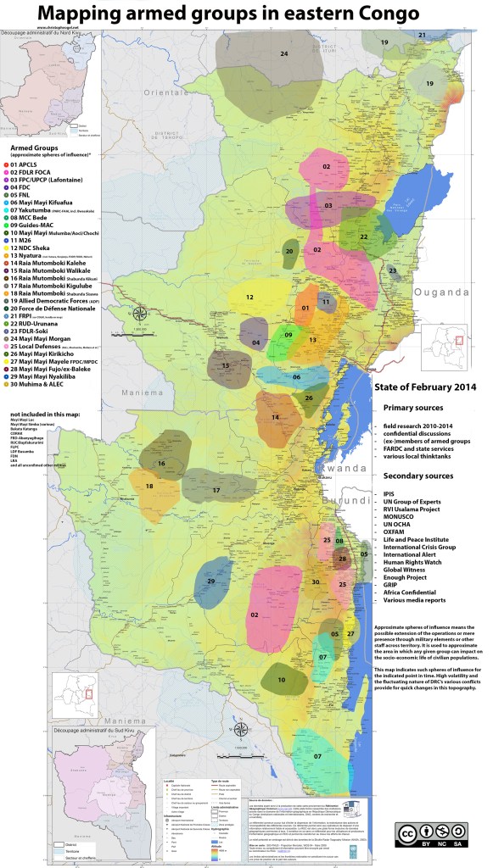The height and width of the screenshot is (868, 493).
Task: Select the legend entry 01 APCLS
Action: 31,162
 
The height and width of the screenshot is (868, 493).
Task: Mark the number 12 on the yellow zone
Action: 250,298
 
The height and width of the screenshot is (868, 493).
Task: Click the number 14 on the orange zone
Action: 275,417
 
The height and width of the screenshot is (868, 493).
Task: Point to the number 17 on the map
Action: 216,491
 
